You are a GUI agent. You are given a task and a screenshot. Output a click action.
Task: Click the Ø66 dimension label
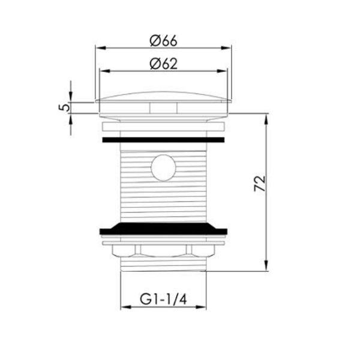(163, 41)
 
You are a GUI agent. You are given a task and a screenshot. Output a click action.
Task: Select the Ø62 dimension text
(163, 64)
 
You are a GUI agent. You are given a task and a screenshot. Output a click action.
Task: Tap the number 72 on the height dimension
(260, 183)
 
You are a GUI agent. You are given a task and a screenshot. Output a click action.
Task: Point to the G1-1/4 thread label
(163, 299)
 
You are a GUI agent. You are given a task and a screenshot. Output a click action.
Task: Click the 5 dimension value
(65, 107)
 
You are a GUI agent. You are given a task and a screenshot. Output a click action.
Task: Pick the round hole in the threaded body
(163, 167)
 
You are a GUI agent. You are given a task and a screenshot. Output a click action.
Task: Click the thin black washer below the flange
(163, 140)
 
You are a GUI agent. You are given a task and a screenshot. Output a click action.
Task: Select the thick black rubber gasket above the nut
(163, 229)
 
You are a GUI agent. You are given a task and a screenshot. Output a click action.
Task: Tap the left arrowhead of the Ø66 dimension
(100, 48)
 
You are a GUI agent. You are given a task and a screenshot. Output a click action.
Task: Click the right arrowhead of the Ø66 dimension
(226, 48)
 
